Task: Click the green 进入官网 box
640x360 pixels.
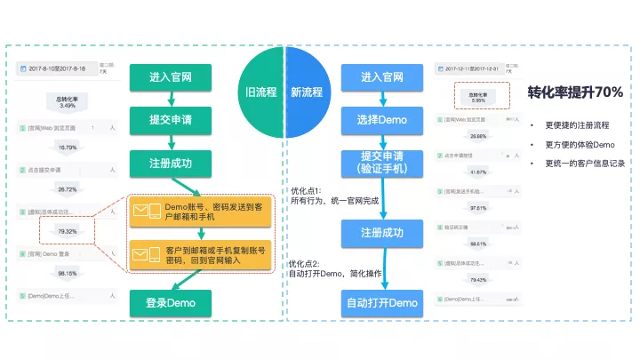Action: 172,77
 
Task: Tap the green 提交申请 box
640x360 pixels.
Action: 172,118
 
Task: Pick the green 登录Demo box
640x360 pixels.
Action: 172,303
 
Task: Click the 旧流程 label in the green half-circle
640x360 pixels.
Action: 262,92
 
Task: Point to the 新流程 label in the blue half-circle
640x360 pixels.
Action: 307,92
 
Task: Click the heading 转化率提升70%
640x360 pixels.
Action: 575,92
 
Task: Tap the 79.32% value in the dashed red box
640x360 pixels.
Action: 67,232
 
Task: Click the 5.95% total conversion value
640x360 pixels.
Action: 477,100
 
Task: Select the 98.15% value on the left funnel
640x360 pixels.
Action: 67,274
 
